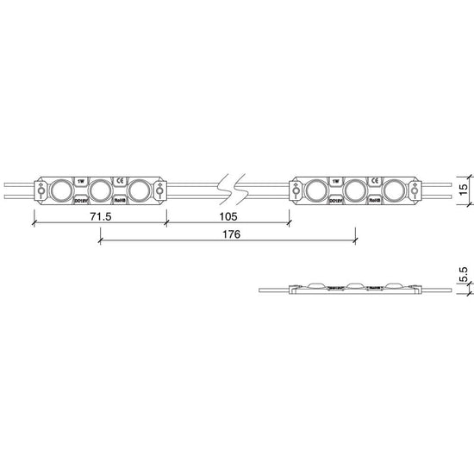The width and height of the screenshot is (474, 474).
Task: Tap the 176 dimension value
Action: point(228,234)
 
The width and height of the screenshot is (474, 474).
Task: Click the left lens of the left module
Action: point(61,189)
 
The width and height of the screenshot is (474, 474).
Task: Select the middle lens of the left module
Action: point(101,189)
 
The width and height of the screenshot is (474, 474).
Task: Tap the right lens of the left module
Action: point(140,189)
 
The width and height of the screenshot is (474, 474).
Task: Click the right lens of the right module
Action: point(396,189)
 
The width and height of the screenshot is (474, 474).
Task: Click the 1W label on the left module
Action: point(81,180)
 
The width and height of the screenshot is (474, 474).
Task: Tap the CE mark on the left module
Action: point(121,180)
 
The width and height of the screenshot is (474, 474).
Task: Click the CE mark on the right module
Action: point(375,180)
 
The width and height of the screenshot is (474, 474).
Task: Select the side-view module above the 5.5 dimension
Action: point(355,287)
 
